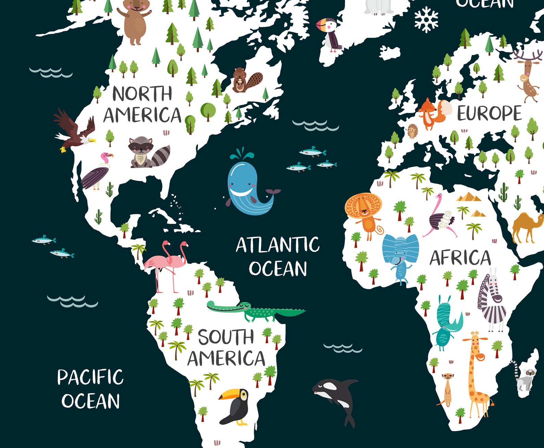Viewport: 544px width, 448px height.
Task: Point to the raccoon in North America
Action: (147, 153)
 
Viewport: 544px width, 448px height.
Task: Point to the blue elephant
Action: (400, 254)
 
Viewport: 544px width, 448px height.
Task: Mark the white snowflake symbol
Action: (426, 20)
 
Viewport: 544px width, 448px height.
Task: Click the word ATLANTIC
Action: (277, 245)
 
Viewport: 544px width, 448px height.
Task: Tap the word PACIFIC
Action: (90, 377)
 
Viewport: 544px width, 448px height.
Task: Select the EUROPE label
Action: (489, 113)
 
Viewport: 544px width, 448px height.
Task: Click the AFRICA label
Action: (460, 258)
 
